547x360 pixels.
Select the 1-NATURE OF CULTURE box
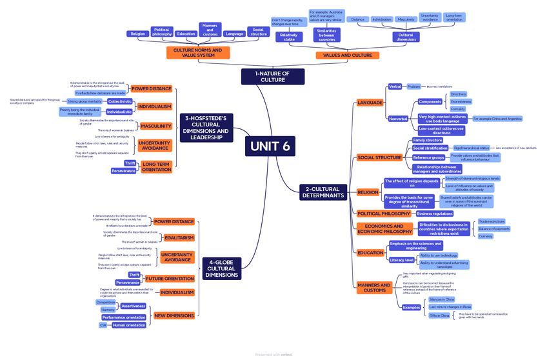tap(273, 76)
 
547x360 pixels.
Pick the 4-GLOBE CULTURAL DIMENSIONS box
tap(221, 268)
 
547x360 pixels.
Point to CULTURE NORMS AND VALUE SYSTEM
tap(198, 52)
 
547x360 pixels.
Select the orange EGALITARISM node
tap(179, 237)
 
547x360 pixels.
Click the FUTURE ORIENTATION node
tap(169, 279)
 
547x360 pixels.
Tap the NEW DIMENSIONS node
tap(174, 315)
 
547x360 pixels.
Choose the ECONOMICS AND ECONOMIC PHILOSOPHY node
tap(384, 228)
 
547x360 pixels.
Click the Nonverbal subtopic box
tap(397, 119)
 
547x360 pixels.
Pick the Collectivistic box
tap(120, 101)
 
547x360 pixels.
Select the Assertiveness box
tap(134, 306)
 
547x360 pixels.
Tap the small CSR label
tap(103, 325)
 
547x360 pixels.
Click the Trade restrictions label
tap(492, 221)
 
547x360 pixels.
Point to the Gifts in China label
tap(439, 315)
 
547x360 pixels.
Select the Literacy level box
tap(401, 260)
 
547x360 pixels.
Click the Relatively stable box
tap(289, 37)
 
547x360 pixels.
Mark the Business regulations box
tap(435, 214)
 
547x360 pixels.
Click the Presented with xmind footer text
tap(273, 354)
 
